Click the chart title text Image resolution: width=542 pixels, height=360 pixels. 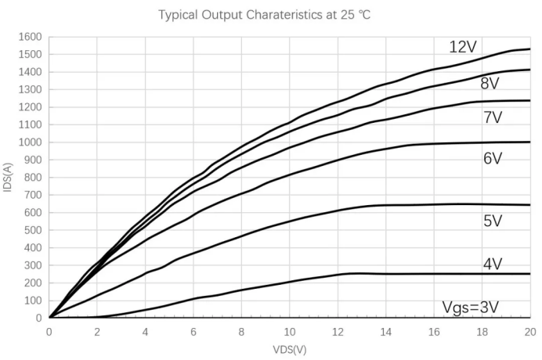(258, 15)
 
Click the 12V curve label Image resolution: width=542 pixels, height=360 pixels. (463, 48)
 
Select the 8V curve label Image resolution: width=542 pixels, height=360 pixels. (490, 84)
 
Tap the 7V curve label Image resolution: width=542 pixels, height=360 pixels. (493, 118)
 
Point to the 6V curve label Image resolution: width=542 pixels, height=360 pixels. (493, 159)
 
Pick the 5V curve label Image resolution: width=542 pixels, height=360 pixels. (493, 221)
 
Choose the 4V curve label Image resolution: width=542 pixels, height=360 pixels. (493, 265)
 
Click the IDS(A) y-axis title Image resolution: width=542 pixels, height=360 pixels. (9, 176)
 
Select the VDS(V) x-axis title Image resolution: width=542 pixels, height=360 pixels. (289, 348)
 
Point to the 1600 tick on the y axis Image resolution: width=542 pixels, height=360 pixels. (29, 37)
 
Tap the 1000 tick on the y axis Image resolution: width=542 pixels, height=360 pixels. (29, 142)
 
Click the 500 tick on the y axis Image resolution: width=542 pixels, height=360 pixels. (31, 230)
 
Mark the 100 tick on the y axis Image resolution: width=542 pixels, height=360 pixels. (31, 301)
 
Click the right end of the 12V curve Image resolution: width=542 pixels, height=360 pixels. (530, 49)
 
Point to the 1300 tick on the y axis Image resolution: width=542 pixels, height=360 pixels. (29, 89)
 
